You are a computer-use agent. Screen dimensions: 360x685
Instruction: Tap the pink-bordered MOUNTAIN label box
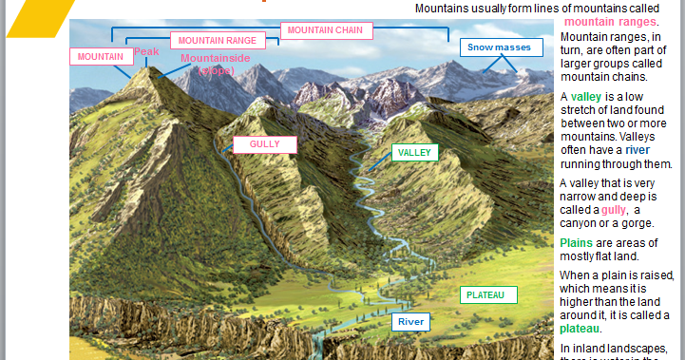[x=100, y=57]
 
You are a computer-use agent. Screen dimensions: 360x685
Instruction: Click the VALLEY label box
[x=415, y=152]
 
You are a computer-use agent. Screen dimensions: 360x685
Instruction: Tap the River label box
[x=411, y=322]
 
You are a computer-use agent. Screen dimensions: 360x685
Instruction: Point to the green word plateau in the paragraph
[x=580, y=329]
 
